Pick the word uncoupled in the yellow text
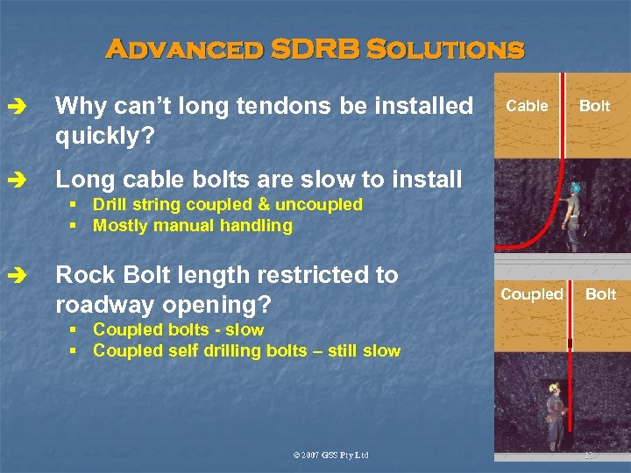click(x=320, y=204)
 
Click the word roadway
click(x=99, y=304)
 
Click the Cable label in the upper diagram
click(x=528, y=106)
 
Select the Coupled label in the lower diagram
click(x=531, y=293)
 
